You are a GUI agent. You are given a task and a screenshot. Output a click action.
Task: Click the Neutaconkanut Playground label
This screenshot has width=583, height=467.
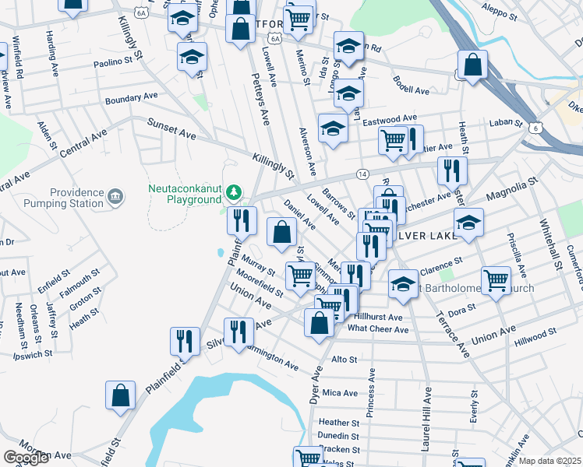point(185,194)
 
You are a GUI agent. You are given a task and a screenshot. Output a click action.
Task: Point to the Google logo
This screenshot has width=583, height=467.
point(26,458)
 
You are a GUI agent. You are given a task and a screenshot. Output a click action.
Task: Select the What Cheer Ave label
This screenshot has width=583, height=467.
point(378,329)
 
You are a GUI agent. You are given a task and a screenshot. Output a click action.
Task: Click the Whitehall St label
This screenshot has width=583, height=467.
point(550,242)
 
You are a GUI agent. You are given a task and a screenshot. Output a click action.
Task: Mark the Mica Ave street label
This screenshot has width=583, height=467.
point(339,393)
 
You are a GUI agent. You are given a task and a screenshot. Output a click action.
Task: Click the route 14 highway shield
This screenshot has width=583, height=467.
point(363,174)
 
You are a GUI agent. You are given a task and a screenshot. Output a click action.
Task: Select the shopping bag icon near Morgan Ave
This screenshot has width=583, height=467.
point(121,395)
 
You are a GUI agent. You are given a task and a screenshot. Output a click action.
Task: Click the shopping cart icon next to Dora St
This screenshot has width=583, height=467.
point(496,280)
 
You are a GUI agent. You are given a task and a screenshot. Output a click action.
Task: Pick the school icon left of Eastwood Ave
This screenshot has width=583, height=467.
point(333,128)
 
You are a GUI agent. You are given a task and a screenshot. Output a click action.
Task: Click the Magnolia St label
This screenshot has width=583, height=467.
point(513,189)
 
